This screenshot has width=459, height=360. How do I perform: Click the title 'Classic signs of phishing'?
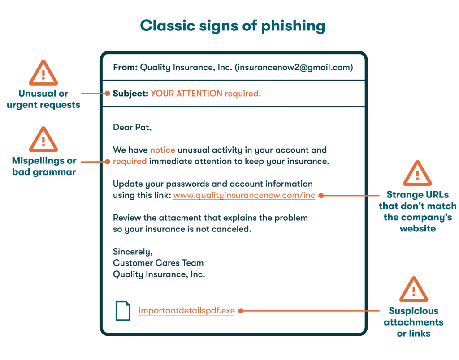[233, 26]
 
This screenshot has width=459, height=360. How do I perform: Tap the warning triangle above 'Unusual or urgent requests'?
[43, 73]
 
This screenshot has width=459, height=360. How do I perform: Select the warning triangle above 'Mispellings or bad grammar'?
[43, 140]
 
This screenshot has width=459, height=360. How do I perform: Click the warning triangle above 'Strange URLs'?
[417, 174]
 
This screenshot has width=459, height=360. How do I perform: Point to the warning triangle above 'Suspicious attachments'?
[413, 290]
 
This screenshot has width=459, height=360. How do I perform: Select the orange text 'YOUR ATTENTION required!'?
[206, 94]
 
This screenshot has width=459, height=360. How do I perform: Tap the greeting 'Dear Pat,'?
[132, 127]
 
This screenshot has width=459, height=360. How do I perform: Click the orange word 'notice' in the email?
[162, 150]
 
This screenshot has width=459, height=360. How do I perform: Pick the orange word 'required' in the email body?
[130, 161]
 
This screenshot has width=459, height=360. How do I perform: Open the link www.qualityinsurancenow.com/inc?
[244, 195]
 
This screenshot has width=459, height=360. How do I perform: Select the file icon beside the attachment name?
[123, 310]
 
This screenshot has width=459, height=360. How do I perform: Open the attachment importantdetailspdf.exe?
[186, 310]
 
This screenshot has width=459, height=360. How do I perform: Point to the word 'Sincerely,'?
[133, 252]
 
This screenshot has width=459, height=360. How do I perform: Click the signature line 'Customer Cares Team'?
[158, 263]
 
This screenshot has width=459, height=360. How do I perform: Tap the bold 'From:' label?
[125, 68]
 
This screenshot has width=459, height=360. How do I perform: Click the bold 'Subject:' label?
[130, 94]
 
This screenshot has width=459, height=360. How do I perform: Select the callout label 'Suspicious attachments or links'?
[413, 322]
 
